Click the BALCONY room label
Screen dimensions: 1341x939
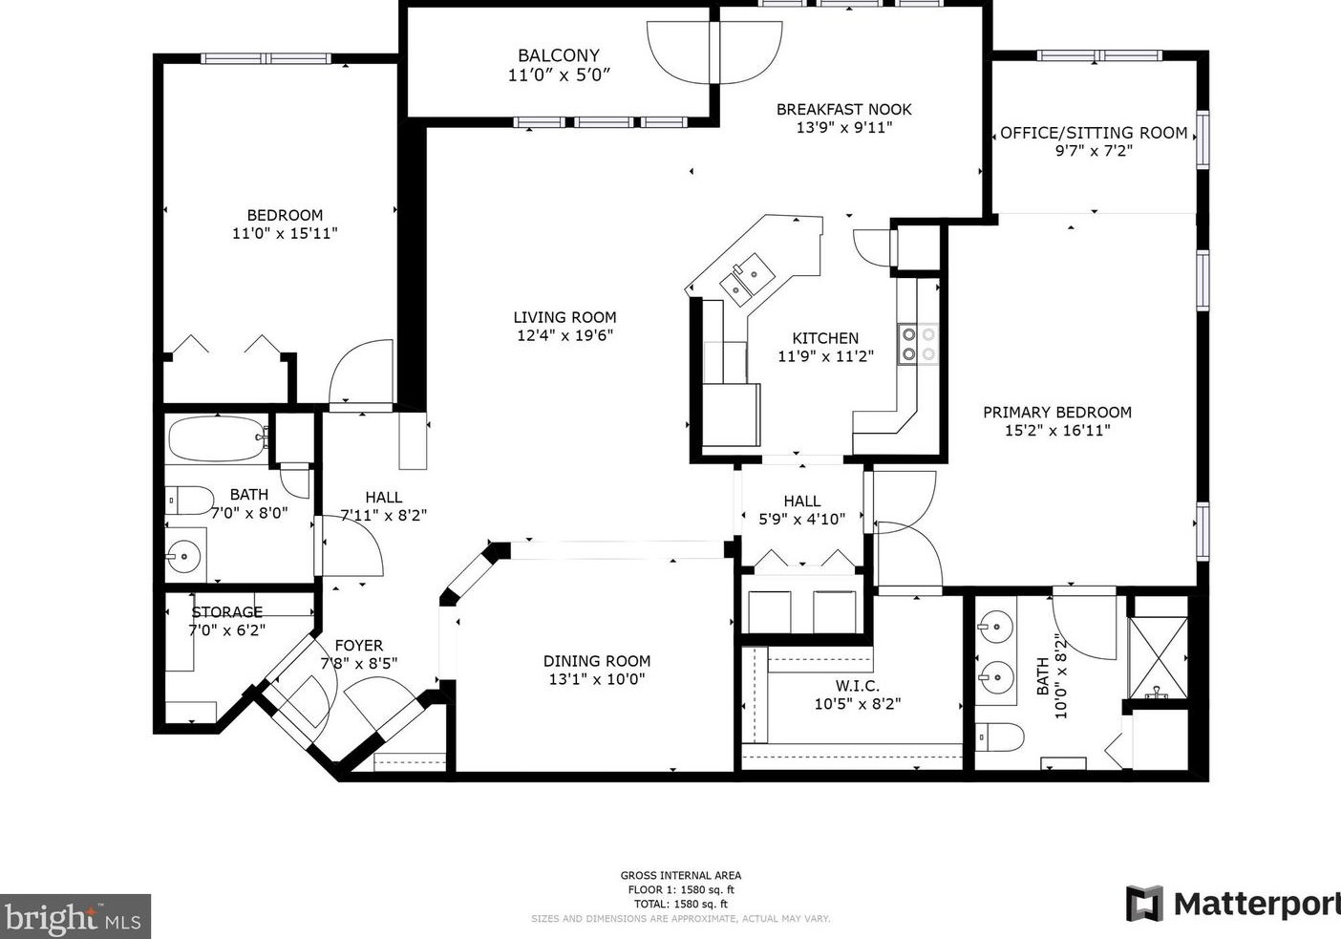tap(559, 55)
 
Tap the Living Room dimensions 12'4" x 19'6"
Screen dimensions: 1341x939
tap(565, 335)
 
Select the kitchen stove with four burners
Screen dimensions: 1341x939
tap(918, 344)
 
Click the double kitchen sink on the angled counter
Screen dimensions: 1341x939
tap(747, 277)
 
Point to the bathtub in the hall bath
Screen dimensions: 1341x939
tap(218, 438)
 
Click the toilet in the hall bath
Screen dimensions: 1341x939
tap(189, 501)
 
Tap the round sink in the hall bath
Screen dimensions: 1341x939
tap(184, 556)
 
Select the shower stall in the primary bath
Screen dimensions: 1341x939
tap(1158, 657)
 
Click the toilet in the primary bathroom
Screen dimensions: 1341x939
tap(999, 736)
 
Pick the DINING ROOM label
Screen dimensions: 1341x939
tap(597, 661)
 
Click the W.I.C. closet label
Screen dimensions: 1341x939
tap(858, 686)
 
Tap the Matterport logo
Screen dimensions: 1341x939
tap(1233, 905)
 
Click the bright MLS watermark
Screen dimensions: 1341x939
tap(74, 916)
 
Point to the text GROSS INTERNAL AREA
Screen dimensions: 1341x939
tap(681, 876)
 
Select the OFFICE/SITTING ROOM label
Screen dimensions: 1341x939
tap(1094, 133)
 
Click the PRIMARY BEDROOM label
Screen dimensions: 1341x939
tap(1057, 413)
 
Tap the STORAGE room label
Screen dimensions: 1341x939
tap(227, 612)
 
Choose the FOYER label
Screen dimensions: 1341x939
tap(358, 646)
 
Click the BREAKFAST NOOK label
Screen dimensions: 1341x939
tap(844, 110)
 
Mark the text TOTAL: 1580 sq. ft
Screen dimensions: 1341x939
tap(681, 905)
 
